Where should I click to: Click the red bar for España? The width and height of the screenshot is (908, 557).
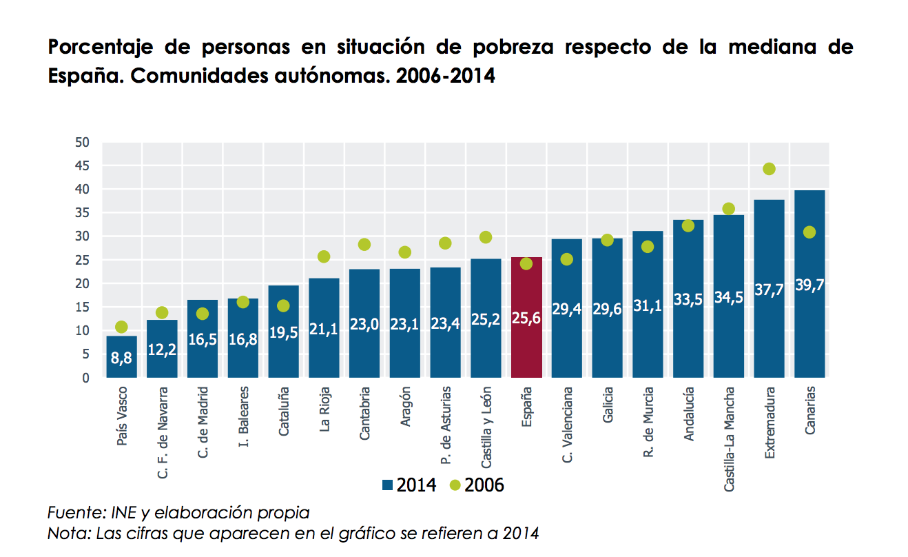(x=526, y=317)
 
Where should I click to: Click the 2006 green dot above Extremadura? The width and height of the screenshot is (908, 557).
(x=769, y=169)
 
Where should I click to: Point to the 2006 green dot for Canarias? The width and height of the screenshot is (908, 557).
(x=809, y=232)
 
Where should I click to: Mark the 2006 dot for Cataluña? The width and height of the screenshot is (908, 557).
(x=283, y=305)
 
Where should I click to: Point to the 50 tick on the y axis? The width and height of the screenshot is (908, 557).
(x=83, y=143)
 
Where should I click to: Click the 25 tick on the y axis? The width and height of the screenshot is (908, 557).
(x=83, y=261)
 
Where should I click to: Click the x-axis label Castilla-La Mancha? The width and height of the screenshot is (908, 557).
(x=729, y=438)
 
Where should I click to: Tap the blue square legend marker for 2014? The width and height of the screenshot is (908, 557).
(x=387, y=485)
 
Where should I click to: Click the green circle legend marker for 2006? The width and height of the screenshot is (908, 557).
(x=455, y=485)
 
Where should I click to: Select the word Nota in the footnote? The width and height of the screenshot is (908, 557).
(x=68, y=534)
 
